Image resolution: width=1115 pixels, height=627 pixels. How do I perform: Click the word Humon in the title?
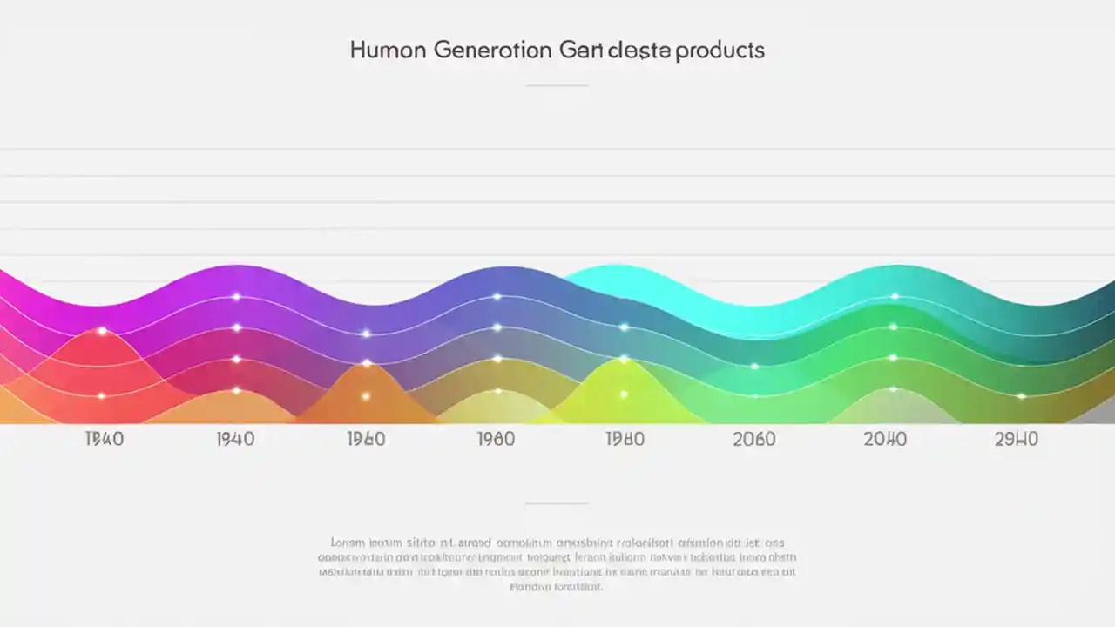click(388, 50)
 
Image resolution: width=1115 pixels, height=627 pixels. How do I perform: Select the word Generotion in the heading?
click(492, 50)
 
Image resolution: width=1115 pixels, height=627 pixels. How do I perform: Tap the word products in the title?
click(720, 50)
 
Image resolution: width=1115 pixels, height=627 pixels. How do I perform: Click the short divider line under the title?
click(557, 85)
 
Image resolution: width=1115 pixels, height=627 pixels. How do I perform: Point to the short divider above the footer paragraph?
click(557, 502)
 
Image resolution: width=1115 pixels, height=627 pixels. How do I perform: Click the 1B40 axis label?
click(104, 439)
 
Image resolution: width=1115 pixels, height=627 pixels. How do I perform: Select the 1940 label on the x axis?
click(235, 439)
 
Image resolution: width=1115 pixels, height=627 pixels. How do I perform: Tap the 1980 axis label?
click(625, 439)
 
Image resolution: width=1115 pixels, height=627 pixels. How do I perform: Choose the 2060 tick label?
click(754, 439)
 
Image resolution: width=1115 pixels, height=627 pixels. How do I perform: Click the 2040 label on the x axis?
click(885, 439)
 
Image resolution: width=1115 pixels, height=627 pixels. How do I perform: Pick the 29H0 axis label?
click(1016, 439)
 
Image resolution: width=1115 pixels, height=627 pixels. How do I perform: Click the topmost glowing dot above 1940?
click(236, 297)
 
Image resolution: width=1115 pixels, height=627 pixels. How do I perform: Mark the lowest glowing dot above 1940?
click(236, 390)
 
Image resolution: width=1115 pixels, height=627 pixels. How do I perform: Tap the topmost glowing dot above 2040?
click(895, 297)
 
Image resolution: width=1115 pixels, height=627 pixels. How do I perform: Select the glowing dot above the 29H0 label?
click(1021, 396)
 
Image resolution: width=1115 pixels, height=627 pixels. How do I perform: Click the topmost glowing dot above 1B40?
click(102, 331)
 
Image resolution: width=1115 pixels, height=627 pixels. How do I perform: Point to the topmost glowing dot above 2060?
click(754, 366)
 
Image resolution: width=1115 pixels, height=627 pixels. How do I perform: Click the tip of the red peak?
click(102, 330)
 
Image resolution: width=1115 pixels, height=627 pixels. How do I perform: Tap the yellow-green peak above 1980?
click(624, 358)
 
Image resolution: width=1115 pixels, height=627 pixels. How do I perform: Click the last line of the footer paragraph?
click(557, 587)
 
